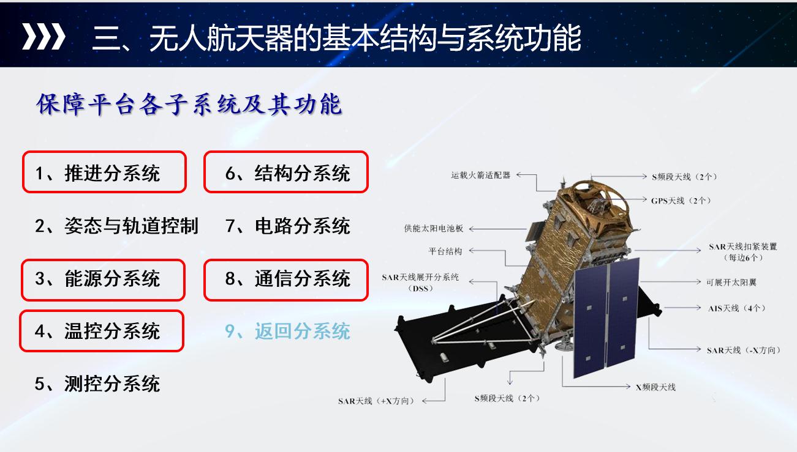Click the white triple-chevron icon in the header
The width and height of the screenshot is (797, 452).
pyautogui.click(x=43, y=36)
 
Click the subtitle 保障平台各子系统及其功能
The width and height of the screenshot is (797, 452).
pyautogui.click(x=189, y=105)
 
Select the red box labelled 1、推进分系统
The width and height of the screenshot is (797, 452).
pyautogui.click(x=104, y=172)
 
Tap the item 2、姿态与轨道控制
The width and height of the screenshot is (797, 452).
pyautogui.click(x=116, y=226)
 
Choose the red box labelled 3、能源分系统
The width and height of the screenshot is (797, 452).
pyautogui.click(x=103, y=280)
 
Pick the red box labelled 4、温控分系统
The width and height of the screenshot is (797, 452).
pyautogui.click(x=102, y=331)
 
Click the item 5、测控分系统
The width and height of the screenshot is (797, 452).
pyautogui.click(x=97, y=383)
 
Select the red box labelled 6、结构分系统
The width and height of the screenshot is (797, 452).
pyautogui.click(x=286, y=172)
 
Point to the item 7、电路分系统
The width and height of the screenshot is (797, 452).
pyautogui.click(x=287, y=226)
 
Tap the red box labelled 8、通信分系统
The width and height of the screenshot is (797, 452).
pyautogui.click(x=286, y=280)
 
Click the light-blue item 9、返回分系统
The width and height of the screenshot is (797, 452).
pyautogui.click(x=287, y=331)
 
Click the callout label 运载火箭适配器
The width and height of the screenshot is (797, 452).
pyautogui.click(x=481, y=175)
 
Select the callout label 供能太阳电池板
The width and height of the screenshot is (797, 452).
pyautogui.click(x=434, y=229)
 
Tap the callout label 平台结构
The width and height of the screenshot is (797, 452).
pyautogui.click(x=445, y=251)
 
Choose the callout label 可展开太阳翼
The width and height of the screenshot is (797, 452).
pyautogui.click(x=731, y=283)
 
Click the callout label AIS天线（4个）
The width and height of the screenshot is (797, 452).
pyautogui.click(x=736, y=308)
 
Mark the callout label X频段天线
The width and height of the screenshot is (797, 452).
pyautogui.click(x=655, y=387)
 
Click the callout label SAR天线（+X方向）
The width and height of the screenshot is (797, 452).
pyautogui.click(x=376, y=401)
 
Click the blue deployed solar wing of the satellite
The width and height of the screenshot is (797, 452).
pyautogui.click(x=606, y=318)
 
